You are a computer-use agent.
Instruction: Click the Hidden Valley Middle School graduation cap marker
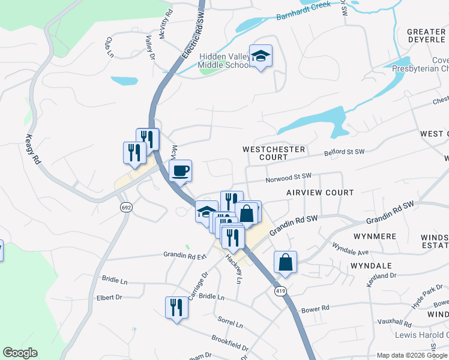[261, 56]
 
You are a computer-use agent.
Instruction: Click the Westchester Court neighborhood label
[274, 153]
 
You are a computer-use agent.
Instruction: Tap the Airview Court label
[319, 193]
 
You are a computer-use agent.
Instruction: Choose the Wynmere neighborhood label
[375, 236]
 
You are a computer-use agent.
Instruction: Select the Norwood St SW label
[289, 177]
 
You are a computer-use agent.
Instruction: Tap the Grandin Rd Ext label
[185, 255]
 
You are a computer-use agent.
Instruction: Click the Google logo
[20, 353]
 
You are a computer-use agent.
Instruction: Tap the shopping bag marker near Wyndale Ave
[286, 262]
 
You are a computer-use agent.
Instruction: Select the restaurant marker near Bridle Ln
[176, 308]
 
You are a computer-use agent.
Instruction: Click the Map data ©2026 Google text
[411, 355]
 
